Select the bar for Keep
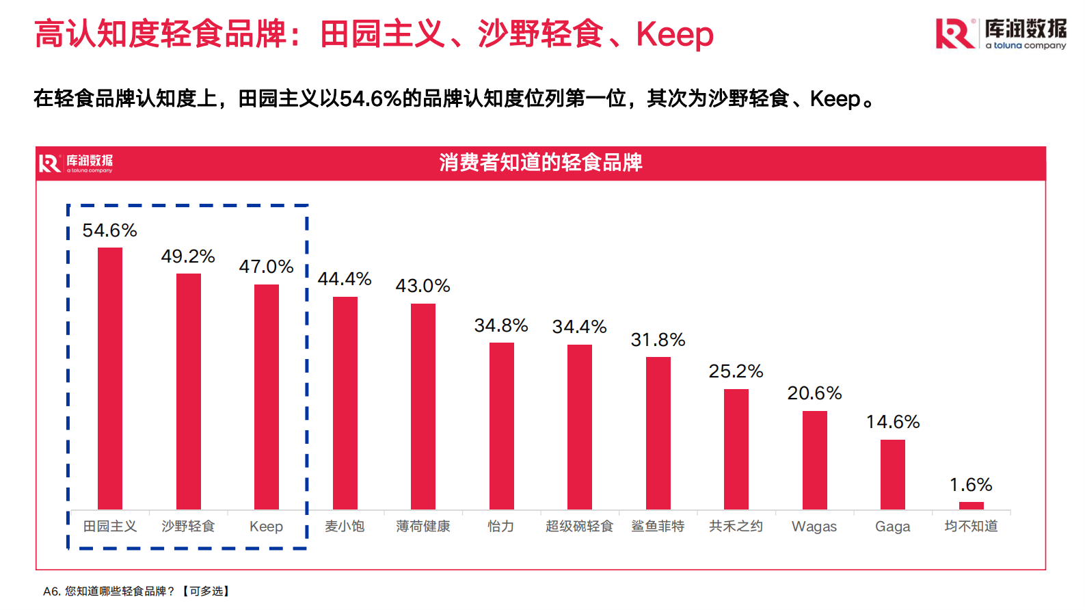(267, 397)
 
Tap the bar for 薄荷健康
(423, 406)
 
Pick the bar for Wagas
(814, 460)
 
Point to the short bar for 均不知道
(971, 506)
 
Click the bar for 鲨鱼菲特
(658, 433)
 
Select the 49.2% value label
(188, 256)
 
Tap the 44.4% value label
(345, 279)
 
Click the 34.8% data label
(501, 326)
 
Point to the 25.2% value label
(736, 371)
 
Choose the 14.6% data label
(893, 422)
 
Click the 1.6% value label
(971, 485)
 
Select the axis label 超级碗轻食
(579, 526)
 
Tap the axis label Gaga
(892, 527)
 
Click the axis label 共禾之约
(736, 526)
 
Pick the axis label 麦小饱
(345, 526)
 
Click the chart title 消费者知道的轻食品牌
(541, 163)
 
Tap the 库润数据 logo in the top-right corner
(1001, 34)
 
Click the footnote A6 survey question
(137, 591)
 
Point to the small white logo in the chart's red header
(76, 163)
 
